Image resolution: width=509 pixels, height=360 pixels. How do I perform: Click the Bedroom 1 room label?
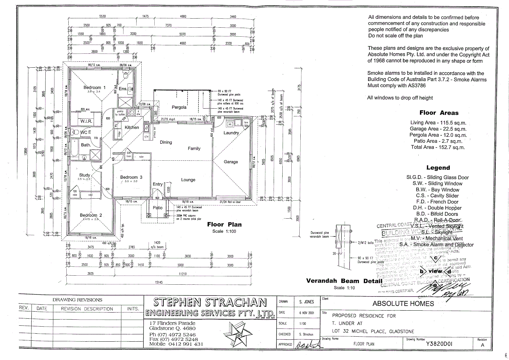tap(94, 88)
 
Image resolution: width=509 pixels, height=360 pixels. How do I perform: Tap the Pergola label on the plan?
tap(179, 107)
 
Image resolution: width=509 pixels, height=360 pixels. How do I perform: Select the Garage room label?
tap(231, 162)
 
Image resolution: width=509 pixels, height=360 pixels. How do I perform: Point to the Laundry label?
tap(231, 133)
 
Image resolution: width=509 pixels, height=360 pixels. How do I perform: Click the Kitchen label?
tap(132, 128)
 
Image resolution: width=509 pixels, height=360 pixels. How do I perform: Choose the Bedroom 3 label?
tap(131, 177)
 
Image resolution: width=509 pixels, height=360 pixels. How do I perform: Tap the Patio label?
tap(157, 208)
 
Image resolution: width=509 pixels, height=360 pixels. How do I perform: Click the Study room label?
tap(84, 175)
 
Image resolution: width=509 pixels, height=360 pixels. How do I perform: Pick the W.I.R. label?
tap(86, 121)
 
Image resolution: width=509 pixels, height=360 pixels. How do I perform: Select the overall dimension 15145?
tap(159, 282)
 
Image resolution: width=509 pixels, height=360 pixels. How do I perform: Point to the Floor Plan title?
tap(224, 225)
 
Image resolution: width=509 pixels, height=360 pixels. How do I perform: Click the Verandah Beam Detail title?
tap(344, 281)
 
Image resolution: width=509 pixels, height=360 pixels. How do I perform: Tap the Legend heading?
tap(438, 168)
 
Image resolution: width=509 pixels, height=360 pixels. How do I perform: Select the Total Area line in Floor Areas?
tap(438, 147)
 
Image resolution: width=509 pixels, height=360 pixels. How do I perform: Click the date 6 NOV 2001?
tap(307, 313)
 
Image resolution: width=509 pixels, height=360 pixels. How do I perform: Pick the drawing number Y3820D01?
tap(439, 344)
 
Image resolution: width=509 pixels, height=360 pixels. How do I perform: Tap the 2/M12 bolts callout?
tap(366, 243)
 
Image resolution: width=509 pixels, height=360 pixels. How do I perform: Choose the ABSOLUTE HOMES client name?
tap(403, 304)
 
